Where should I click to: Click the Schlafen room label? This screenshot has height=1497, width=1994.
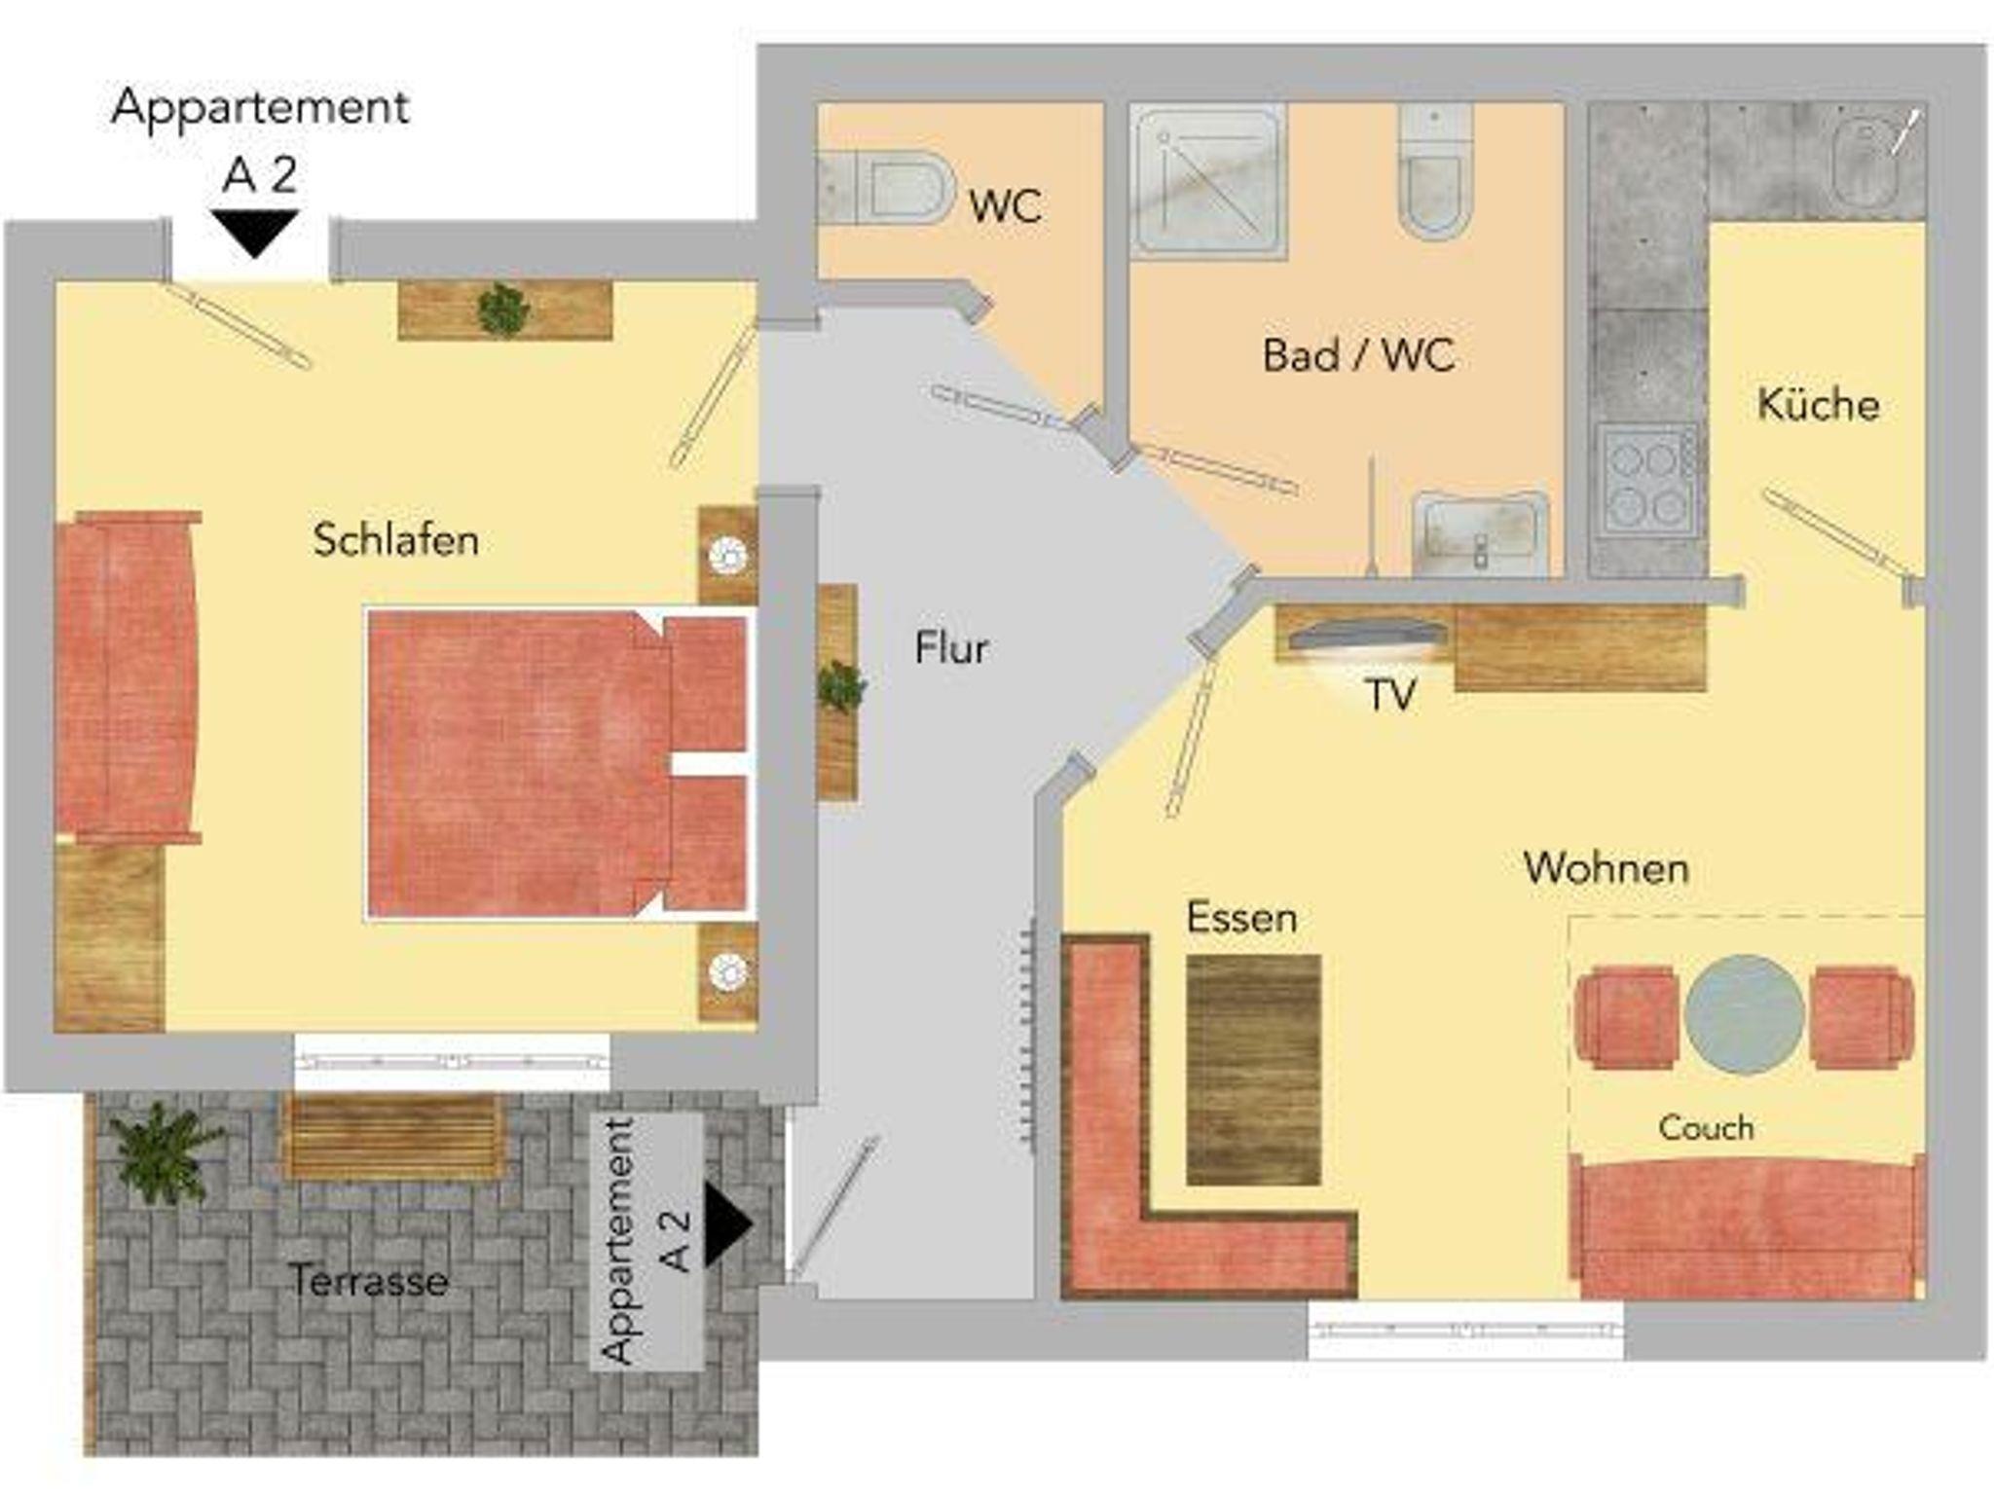pos(396,540)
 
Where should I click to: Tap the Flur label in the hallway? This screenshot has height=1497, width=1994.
pos(951,648)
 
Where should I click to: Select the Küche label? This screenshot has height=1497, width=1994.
pos(1818,404)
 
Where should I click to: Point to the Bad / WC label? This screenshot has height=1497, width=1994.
pos(1358,355)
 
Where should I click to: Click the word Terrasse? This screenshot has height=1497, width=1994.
pos(370,1280)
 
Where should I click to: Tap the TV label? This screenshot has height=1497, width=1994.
pos(1390,695)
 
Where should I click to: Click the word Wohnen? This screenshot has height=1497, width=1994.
pos(1606,868)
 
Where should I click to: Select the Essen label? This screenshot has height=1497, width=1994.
pos(1242,918)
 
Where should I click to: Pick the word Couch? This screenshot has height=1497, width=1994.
pos(1706,1128)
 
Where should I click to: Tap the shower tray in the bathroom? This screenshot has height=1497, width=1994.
pos(1208,181)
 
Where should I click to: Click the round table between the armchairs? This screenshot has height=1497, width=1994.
pos(1744,1014)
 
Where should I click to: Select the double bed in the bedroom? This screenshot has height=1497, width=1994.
pos(558,764)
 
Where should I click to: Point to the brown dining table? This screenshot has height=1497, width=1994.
pos(1254,1070)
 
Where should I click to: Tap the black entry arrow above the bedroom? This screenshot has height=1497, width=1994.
pos(255,234)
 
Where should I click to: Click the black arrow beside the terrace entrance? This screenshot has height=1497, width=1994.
pos(726,1225)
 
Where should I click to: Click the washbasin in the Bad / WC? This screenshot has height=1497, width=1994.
pos(1480,534)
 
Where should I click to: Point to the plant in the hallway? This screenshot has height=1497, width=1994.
pos(840,686)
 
